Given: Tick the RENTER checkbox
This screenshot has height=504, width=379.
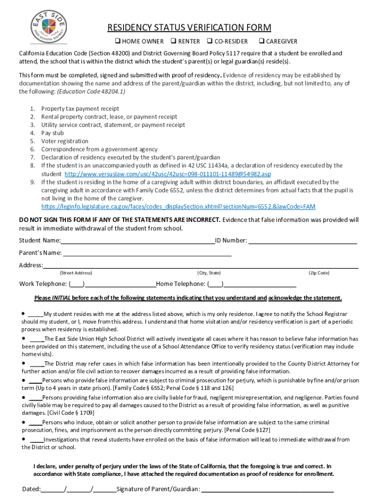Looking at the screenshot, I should [x=174, y=41].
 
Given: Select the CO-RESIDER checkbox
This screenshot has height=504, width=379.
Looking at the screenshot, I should [x=210, y=41].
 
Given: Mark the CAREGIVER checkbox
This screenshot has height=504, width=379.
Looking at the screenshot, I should [x=262, y=41].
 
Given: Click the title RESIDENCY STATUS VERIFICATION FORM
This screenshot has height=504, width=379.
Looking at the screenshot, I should [x=189, y=28].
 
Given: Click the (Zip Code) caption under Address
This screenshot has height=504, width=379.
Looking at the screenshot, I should [x=319, y=273].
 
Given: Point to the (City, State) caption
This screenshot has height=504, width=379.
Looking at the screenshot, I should [x=209, y=273].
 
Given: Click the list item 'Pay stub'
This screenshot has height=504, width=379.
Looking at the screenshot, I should [x=53, y=133].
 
